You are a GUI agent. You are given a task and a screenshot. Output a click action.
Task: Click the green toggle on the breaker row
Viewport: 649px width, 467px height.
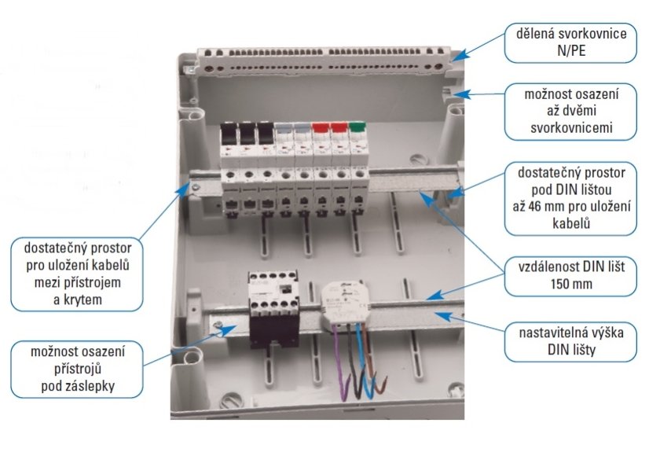(357, 126)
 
